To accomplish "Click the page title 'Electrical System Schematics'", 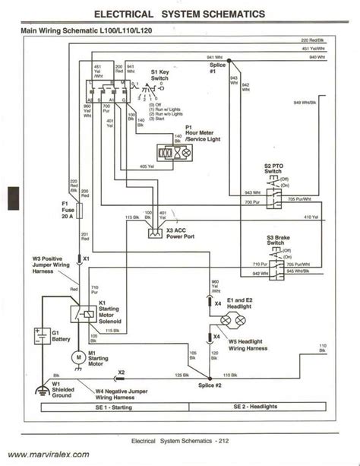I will [180, 14].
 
